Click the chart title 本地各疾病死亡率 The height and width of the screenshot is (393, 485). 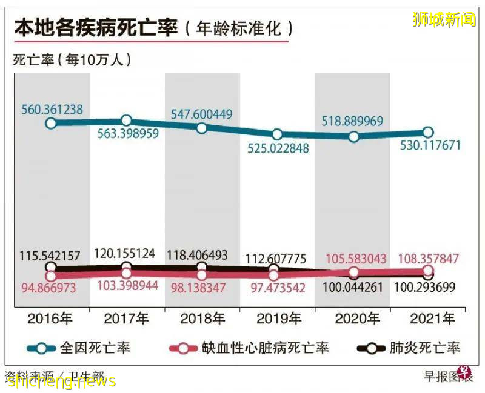(96, 28)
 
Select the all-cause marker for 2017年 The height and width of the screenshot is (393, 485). (126, 121)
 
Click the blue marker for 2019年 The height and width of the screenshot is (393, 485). (277, 134)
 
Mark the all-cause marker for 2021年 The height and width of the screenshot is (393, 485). (428, 132)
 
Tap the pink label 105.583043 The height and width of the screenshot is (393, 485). (352, 259)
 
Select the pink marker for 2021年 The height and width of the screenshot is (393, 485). (428, 270)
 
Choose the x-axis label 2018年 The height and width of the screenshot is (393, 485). (202, 317)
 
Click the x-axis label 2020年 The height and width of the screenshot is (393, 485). (352, 317)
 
